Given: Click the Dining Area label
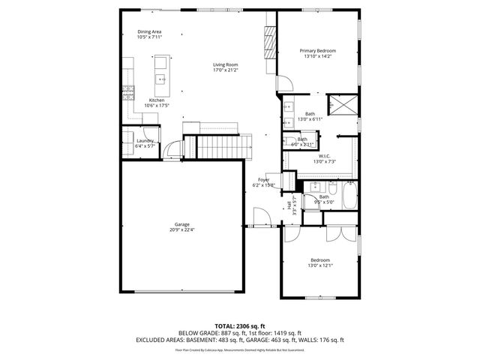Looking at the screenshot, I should [149, 31].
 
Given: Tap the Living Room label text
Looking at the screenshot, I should [225, 65].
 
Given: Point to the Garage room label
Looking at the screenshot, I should [181, 224].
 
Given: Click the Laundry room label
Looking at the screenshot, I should [145, 141].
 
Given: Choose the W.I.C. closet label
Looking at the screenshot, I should [325, 157].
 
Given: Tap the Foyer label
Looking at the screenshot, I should [264, 180].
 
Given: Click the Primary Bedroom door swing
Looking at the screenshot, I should [284, 83].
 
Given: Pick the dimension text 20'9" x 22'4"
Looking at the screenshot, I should [181, 229].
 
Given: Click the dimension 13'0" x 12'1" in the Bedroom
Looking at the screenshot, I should [319, 265].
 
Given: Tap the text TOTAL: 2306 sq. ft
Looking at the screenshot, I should [240, 326].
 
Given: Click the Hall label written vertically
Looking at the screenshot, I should [289, 204].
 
